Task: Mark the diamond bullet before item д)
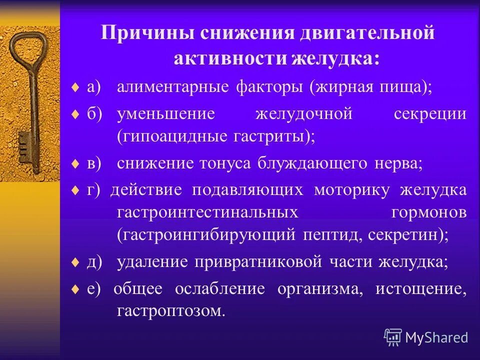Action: tap(74, 262)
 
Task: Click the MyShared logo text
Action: tap(436, 337)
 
